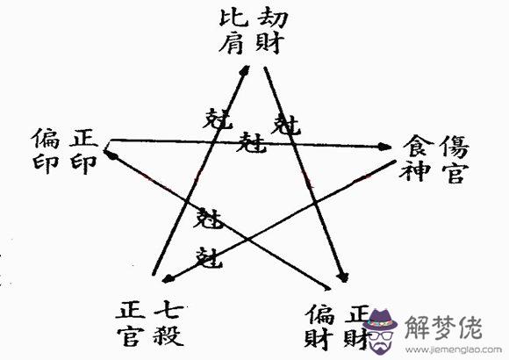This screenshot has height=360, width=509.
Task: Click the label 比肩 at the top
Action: click(x=233, y=32)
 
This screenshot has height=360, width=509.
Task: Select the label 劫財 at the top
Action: click(x=271, y=32)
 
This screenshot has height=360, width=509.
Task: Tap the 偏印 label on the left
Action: click(x=47, y=151)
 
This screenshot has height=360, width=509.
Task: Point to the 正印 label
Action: click(x=83, y=151)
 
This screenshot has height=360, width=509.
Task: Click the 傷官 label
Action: click(x=455, y=159)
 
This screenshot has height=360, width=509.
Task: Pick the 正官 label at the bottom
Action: click(x=130, y=323)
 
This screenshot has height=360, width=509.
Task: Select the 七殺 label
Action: click(x=168, y=323)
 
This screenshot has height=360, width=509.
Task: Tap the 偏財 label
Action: click(x=319, y=327)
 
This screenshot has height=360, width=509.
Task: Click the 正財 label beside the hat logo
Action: click(x=357, y=327)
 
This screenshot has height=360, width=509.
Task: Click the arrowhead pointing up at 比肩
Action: click(x=246, y=70)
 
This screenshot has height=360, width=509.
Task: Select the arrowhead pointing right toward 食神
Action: click(x=384, y=147)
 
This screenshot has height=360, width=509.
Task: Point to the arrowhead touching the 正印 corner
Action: click(x=111, y=155)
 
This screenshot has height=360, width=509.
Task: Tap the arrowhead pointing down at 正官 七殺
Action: click(x=168, y=278)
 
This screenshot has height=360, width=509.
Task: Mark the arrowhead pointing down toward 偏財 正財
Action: click(x=343, y=277)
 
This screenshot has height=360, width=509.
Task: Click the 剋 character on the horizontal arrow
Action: click(x=251, y=142)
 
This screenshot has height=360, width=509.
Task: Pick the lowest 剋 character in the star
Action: click(x=211, y=257)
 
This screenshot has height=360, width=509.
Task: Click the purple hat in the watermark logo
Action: click(x=380, y=320)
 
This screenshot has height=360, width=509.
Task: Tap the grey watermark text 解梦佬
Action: click(x=443, y=327)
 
